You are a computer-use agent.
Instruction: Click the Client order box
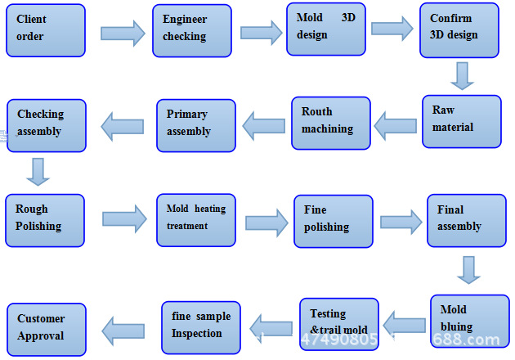tap(45, 30)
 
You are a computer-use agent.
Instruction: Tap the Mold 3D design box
tap(325, 29)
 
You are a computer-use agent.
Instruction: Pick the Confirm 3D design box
tap(459, 30)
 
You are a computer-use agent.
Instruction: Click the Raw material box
tap(461, 121)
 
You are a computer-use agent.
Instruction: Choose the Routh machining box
tap(330, 123)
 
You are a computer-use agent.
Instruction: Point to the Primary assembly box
tap(196, 125)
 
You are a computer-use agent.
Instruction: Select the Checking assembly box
tap(46, 125)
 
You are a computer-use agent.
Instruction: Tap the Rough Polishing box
tap(45, 220)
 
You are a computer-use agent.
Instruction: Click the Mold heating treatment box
tap(196, 220)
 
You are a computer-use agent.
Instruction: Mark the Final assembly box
tap(466, 220)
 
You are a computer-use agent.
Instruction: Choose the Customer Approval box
tap(46, 329)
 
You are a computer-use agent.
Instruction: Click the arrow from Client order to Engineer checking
tap(123, 33)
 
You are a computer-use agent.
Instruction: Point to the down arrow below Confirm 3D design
tap(463, 75)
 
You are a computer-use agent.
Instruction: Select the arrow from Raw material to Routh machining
tap(396, 124)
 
